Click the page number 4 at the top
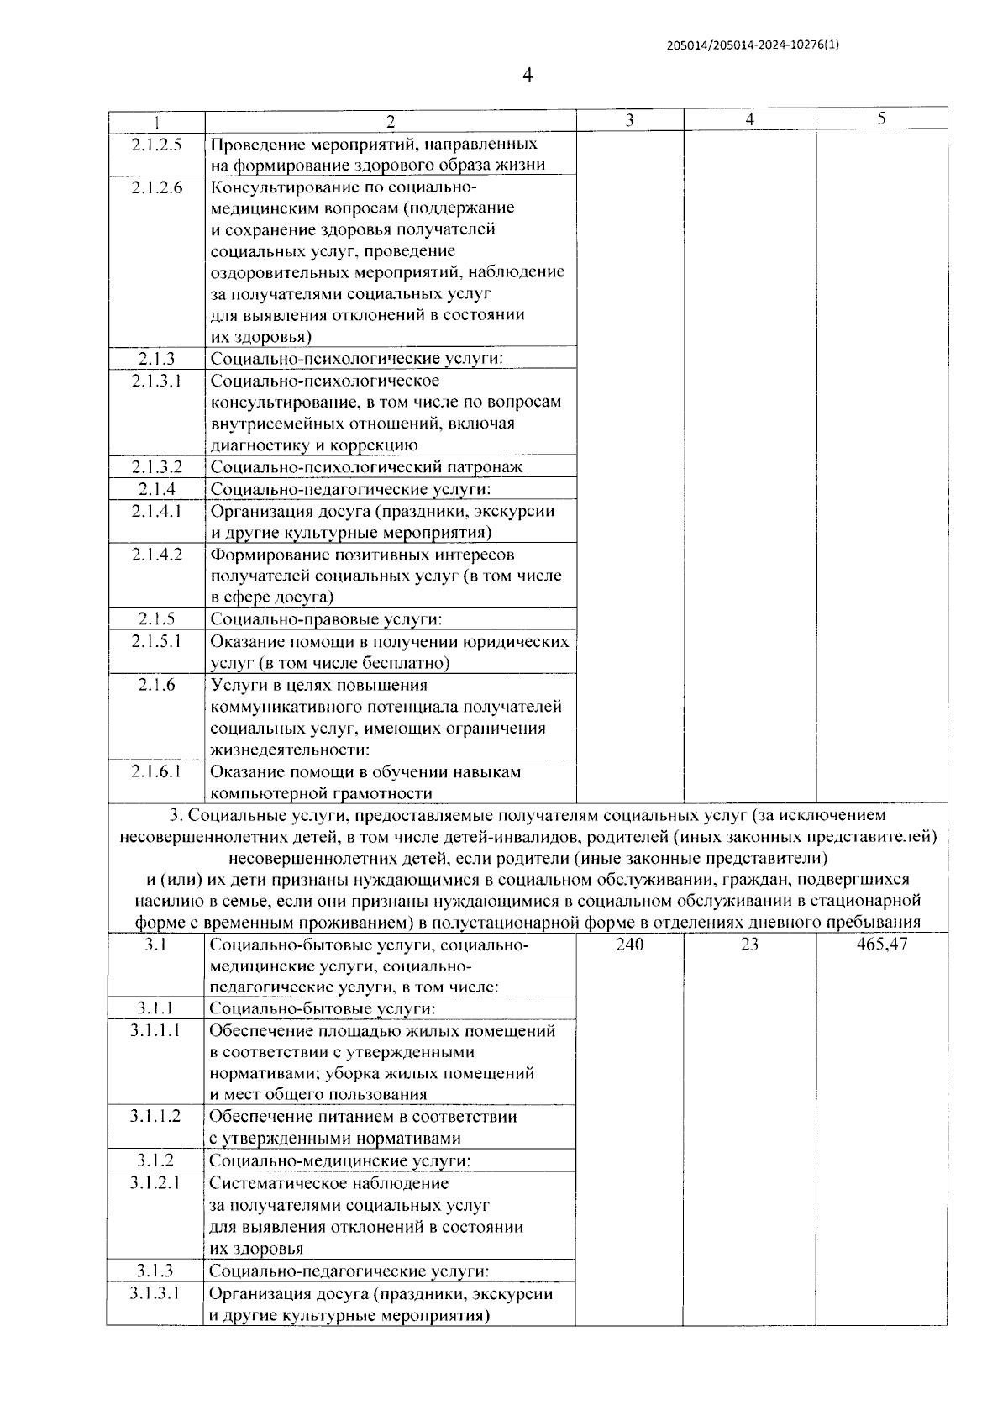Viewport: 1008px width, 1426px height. [528, 76]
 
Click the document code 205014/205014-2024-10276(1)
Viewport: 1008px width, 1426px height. [753, 46]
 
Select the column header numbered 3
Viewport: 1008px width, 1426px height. [629, 120]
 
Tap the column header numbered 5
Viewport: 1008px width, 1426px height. [881, 118]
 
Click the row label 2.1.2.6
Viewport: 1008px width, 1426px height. [156, 187]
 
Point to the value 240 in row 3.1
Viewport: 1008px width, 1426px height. [629, 945]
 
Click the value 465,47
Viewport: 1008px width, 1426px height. [881, 945]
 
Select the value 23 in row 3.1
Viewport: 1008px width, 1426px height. [749, 945]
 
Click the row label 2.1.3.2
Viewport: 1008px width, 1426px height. [156, 467]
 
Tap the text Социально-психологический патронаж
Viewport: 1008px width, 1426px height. [366, 467]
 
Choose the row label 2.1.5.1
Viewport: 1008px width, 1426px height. [156, 642]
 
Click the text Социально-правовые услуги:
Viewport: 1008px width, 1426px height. [326, 620]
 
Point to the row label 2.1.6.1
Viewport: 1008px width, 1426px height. [156, 771]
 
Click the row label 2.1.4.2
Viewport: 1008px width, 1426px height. [156, 555]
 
